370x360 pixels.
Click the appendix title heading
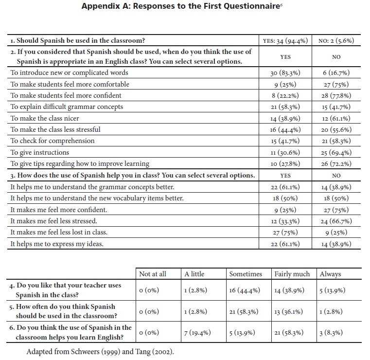click(185, 7)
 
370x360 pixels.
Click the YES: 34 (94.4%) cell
click(285, 41)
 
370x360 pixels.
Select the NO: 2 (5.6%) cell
click(336, 41)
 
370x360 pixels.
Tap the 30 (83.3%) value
click(285, 73)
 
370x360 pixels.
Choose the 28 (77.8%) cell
click(336, 96)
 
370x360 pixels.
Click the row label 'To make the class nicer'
click(45, 118)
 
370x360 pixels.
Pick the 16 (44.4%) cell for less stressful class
click(285, 130)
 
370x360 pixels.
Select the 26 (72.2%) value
click(336, 164)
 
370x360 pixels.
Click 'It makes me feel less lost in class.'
click(59, 233)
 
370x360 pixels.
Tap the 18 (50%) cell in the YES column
click(285, 198)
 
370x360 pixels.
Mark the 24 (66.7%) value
click(336, 221)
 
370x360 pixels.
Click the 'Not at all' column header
click(153, 274)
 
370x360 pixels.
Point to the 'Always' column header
click(331, 274)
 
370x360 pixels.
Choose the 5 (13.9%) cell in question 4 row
click(333, 291)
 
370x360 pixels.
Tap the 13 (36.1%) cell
click(291, 312)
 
